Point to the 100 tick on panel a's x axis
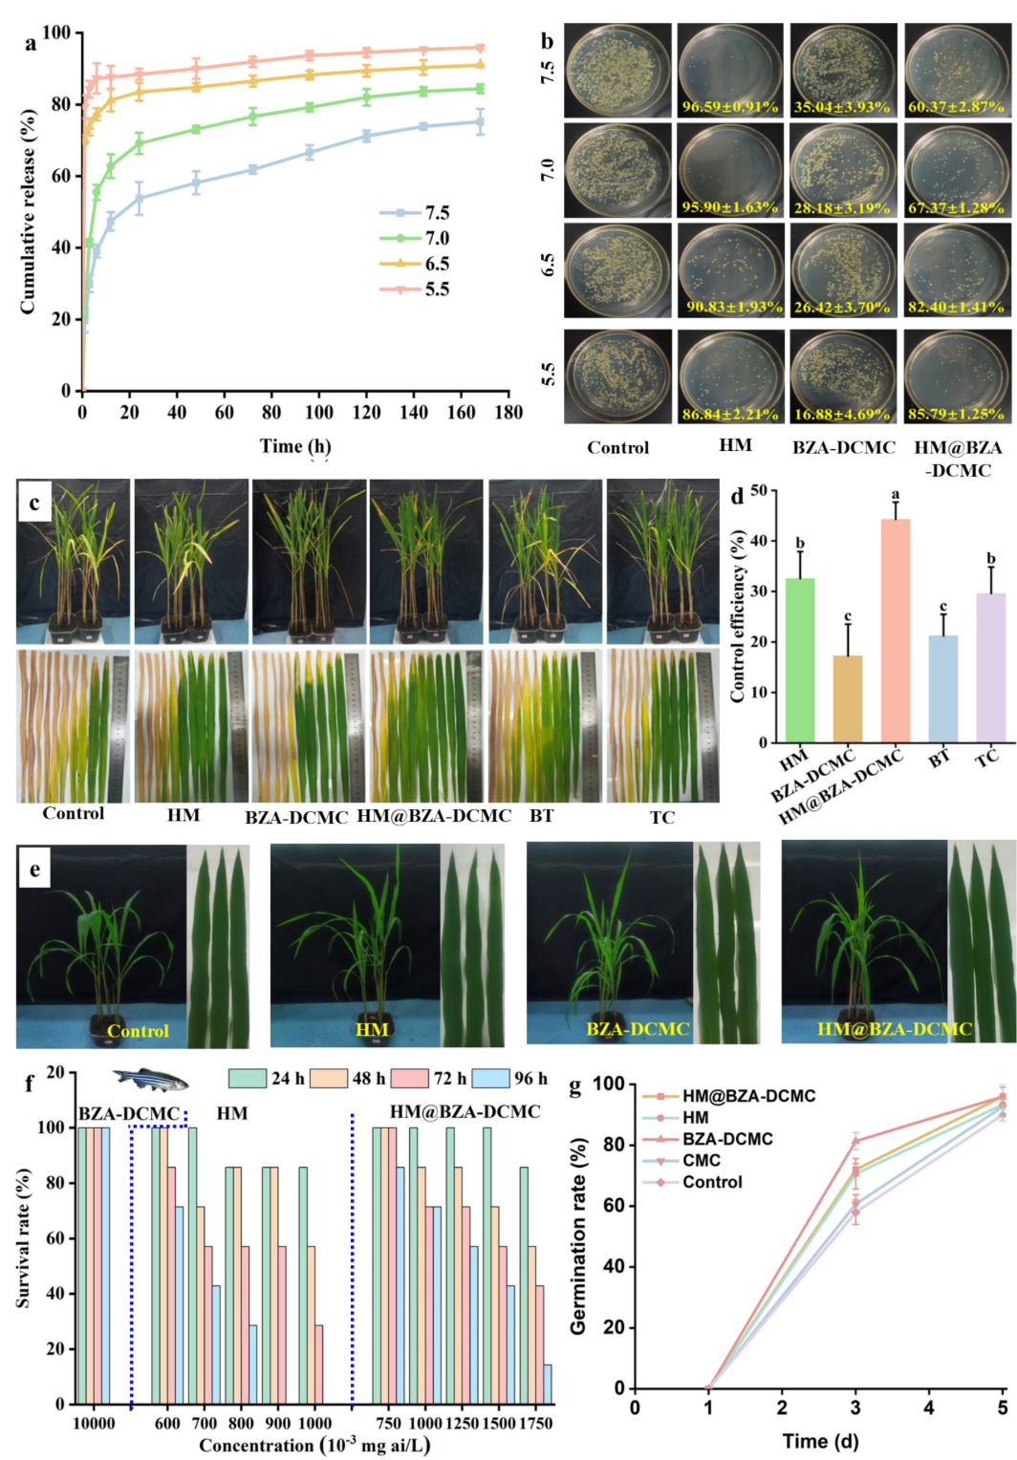pyautogui.click(x=318, y=413)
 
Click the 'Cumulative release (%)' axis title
pyautogui.click(x=28, y=211)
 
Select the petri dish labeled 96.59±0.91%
pyautogui.click(x=730, y=70)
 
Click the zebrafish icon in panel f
pyautogui.click(x=151, y=1080)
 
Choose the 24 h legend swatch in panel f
pyautogui.click(x=248, y=1079)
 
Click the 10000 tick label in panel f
pyautogui.click(x=94, y=1424)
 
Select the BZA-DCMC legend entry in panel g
pyautogui.click(x=727, y=1139)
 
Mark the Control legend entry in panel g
pyautogui.click(x=712, y=1182)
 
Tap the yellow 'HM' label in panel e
pyautogui.click(x=372, y=1029)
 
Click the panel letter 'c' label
pyautogui.click(x=34, y=504)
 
